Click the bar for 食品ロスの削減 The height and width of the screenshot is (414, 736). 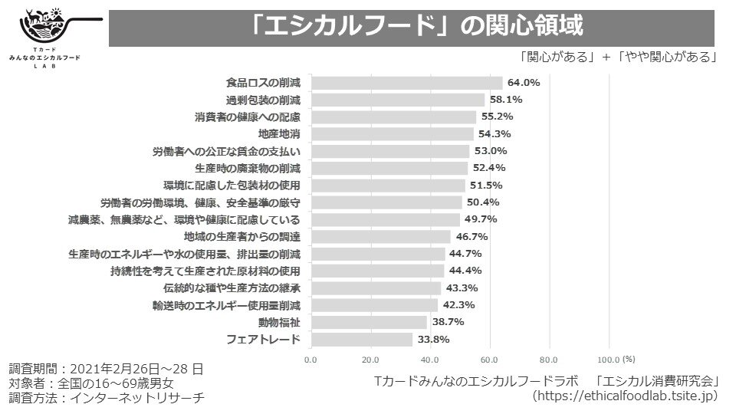pyautogui.click(x=407, y=83)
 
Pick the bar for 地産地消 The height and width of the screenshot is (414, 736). pyautogui.click(x=393, y=134)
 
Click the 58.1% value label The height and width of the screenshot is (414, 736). pyautogui.click(x=507, y=100)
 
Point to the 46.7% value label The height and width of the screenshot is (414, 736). pyautogui.click(x=472, y=237)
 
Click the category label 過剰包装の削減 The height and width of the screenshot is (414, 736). pyautogui.click(x=263, y=100)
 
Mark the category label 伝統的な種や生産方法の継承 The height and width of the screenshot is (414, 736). pyautogui.click(x=231, y=288)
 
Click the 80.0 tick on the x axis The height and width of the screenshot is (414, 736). pyautogui.click(x=549, y=359)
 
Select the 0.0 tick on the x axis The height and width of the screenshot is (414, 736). pyautogui.click(x=311, y=359)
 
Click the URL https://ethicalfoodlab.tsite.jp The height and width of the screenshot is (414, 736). pyautogui.click(x=625, y=396)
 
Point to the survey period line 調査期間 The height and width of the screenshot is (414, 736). pyautogui.click(x=106, y=369)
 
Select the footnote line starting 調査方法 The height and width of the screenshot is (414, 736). pyautogui.click(x=106, y=398)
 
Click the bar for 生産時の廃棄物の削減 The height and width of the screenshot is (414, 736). pyautogui.click(x=389, y=169)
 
